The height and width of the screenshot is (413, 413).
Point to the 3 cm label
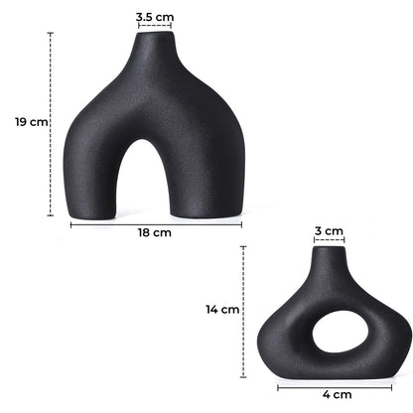(329, 230)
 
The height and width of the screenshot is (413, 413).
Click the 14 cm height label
(222, 309)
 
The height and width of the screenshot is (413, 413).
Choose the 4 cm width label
(337, 394)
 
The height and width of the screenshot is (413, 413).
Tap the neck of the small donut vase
(329, 266)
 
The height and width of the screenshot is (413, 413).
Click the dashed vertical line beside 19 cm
(50, 123)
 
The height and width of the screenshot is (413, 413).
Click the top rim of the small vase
(329, 248)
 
